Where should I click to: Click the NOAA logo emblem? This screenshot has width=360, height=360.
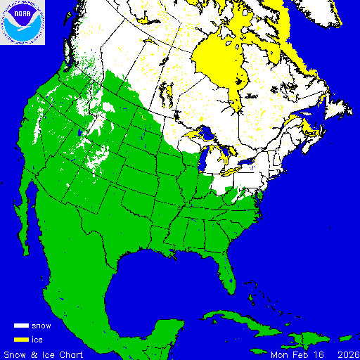click(x=22, y=22)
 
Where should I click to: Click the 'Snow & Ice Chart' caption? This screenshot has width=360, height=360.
click(x=44, y=354)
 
